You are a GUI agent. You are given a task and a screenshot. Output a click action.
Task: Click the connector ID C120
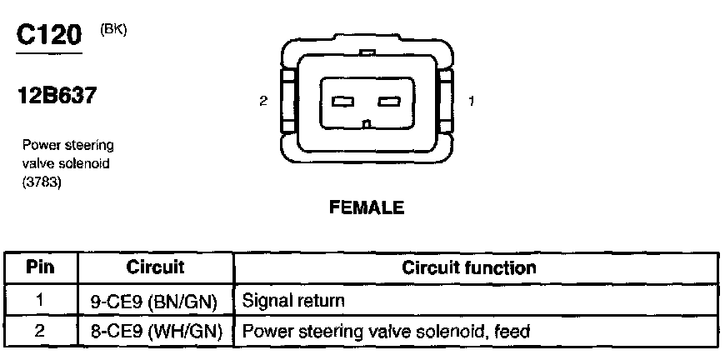[49, 34]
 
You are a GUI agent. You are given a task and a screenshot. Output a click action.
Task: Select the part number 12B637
[56, 97]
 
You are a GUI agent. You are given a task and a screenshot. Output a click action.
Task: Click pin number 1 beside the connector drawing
[472, 102]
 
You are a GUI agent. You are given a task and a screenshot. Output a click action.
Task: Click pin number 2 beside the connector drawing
[263, 102]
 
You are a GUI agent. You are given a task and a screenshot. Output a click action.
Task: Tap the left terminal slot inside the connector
[342, 102]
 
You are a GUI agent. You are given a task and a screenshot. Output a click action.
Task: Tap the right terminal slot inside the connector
[389, 102]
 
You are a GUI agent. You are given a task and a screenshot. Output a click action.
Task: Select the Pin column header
[40, 268]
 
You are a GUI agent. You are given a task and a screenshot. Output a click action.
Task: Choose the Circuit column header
[155, 268]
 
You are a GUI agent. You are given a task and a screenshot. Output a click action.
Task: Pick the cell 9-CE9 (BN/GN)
[155, 299]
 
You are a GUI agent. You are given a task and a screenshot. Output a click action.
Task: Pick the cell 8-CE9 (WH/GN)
[155, 331]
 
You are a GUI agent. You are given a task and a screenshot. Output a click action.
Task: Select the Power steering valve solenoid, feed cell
[386, 331]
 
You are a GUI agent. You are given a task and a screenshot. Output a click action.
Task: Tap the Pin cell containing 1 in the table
[40, 299]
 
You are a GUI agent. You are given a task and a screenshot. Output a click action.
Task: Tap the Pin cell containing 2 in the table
[40, 331]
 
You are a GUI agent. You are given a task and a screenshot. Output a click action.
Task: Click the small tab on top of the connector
[366, 53]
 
